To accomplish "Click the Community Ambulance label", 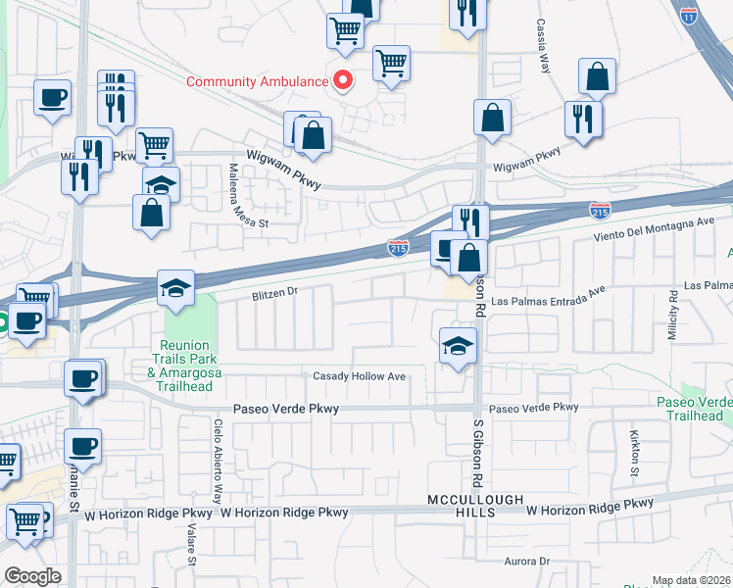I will click(x=257, y=81).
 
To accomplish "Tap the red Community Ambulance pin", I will click(x=343, y=80).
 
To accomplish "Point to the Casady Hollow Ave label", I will click(x=359, y=376).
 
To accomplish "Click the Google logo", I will click(x=32, y=576).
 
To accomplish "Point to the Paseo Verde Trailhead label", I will click(x=692, y=410).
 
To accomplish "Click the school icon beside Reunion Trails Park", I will click(x=176, y=287).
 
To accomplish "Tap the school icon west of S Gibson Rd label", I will click(x=457, y=346).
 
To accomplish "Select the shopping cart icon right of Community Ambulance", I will click(x=391, y=64).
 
